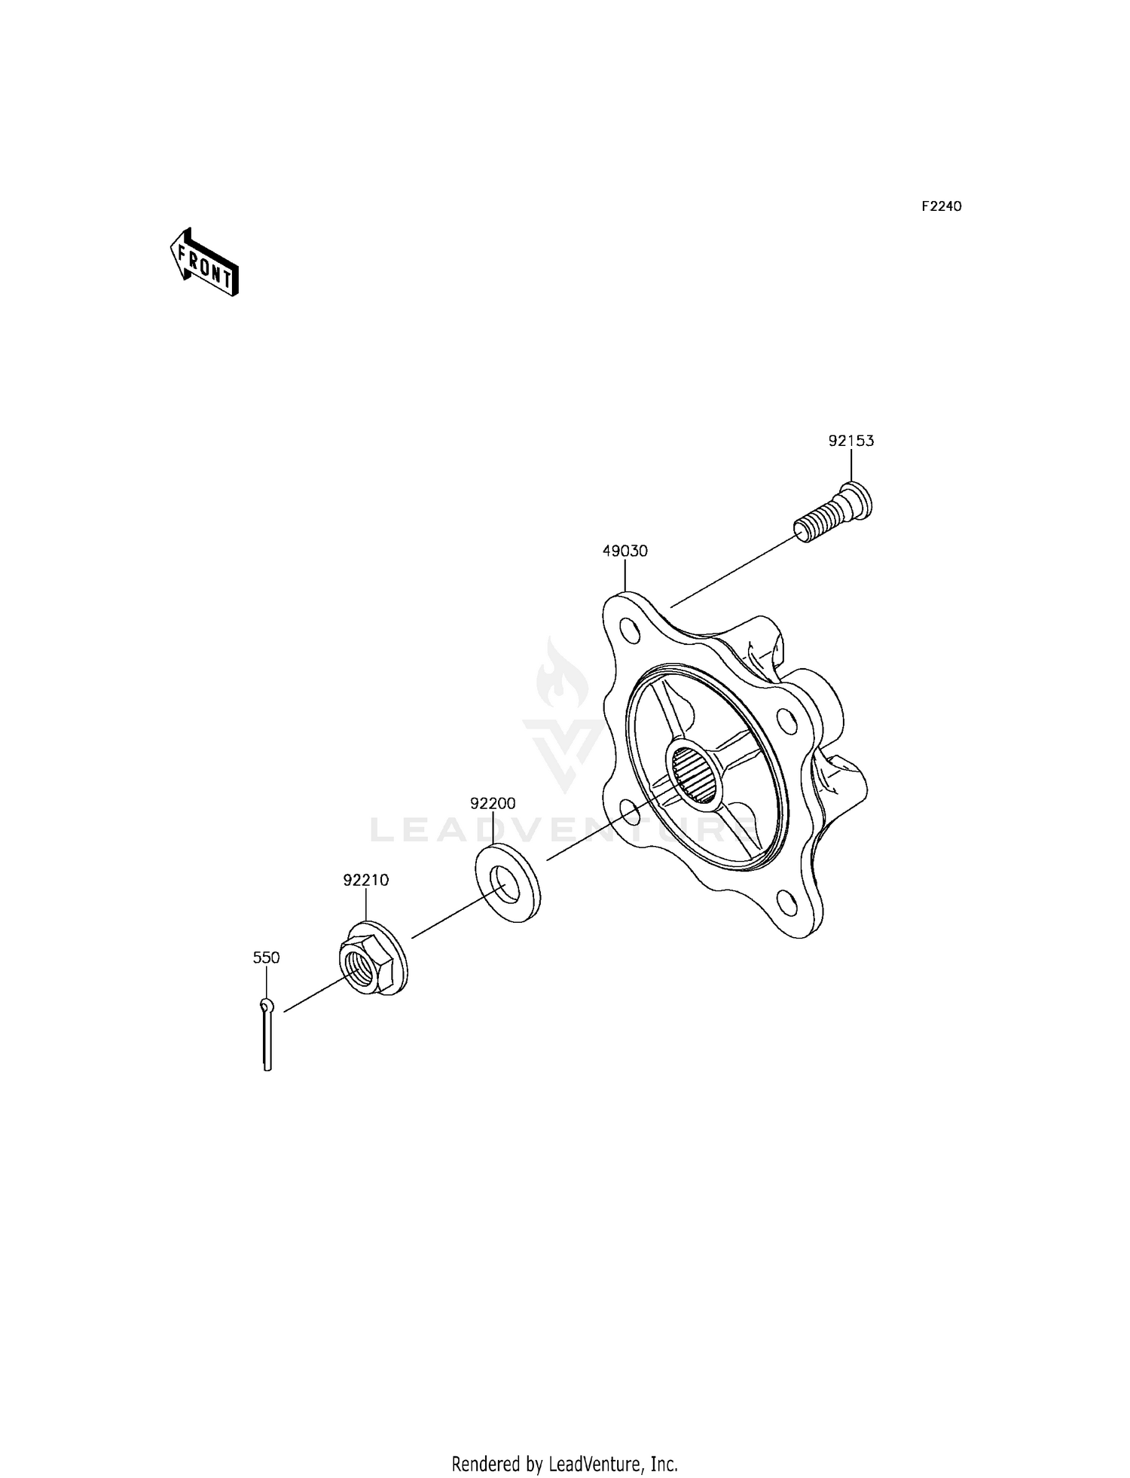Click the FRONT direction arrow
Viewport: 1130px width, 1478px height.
point(203,262)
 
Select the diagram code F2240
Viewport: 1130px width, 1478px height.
point(941,206)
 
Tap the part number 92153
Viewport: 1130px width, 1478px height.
point(851,441)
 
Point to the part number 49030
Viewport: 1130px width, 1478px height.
point(625,551)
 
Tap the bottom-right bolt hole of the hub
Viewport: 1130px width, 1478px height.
point(787,901)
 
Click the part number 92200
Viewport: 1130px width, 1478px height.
point(493,804)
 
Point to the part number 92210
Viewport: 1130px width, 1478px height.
point(366,880)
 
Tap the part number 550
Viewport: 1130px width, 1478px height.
point(266,957)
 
